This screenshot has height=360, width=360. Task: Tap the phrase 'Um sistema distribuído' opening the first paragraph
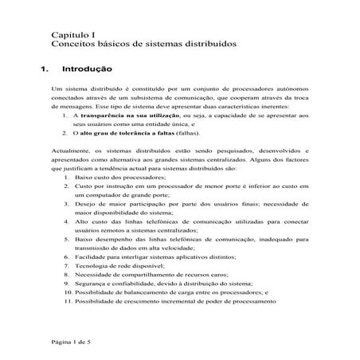(88, 88)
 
